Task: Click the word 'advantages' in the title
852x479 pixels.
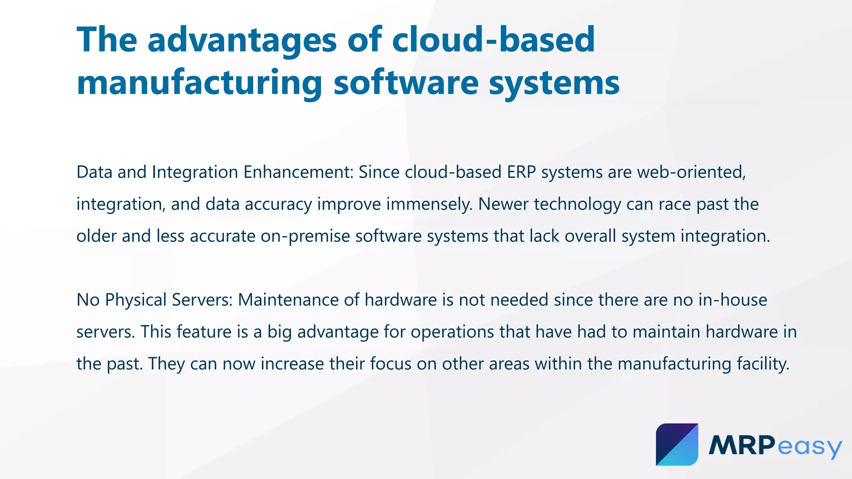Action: [242, 40]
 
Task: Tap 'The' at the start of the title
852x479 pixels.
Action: [107, 40]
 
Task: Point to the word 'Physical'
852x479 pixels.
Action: [136, 300]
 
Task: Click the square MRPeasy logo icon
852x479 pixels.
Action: [677, 444]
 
